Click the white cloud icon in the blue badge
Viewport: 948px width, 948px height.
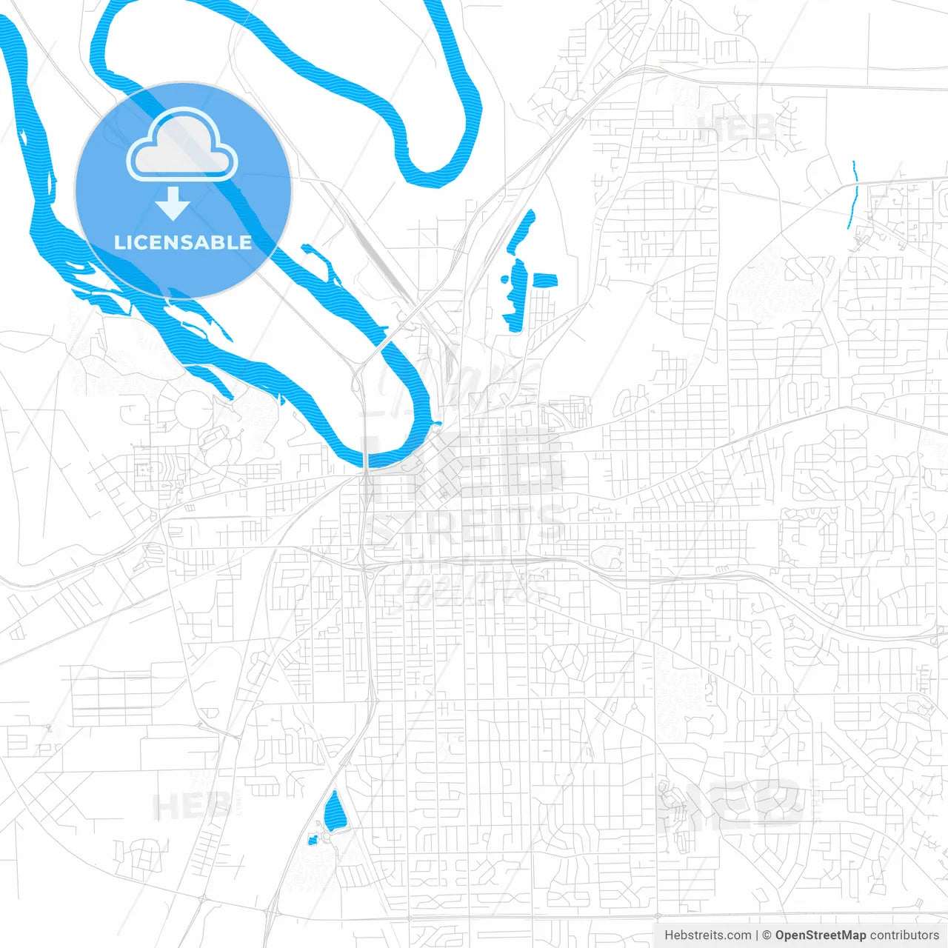coord(182,146)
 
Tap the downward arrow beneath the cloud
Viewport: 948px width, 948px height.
coord(173,204)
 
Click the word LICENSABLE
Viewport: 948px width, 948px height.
coord(183,242)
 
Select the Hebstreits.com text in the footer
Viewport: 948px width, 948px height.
coord(707,935)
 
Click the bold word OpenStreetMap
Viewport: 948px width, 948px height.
coord(820,935)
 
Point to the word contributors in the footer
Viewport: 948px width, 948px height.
coord(904,935)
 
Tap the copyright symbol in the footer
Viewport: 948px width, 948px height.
coord(767,935)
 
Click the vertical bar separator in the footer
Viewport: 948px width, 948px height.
coord(757,935)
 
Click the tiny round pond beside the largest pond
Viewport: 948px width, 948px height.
coord(504,280)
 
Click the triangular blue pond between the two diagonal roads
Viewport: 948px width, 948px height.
coord(334,811)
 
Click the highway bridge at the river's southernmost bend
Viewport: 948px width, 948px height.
coord(366,467)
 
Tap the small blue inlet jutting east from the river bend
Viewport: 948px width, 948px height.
coord(438,424)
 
